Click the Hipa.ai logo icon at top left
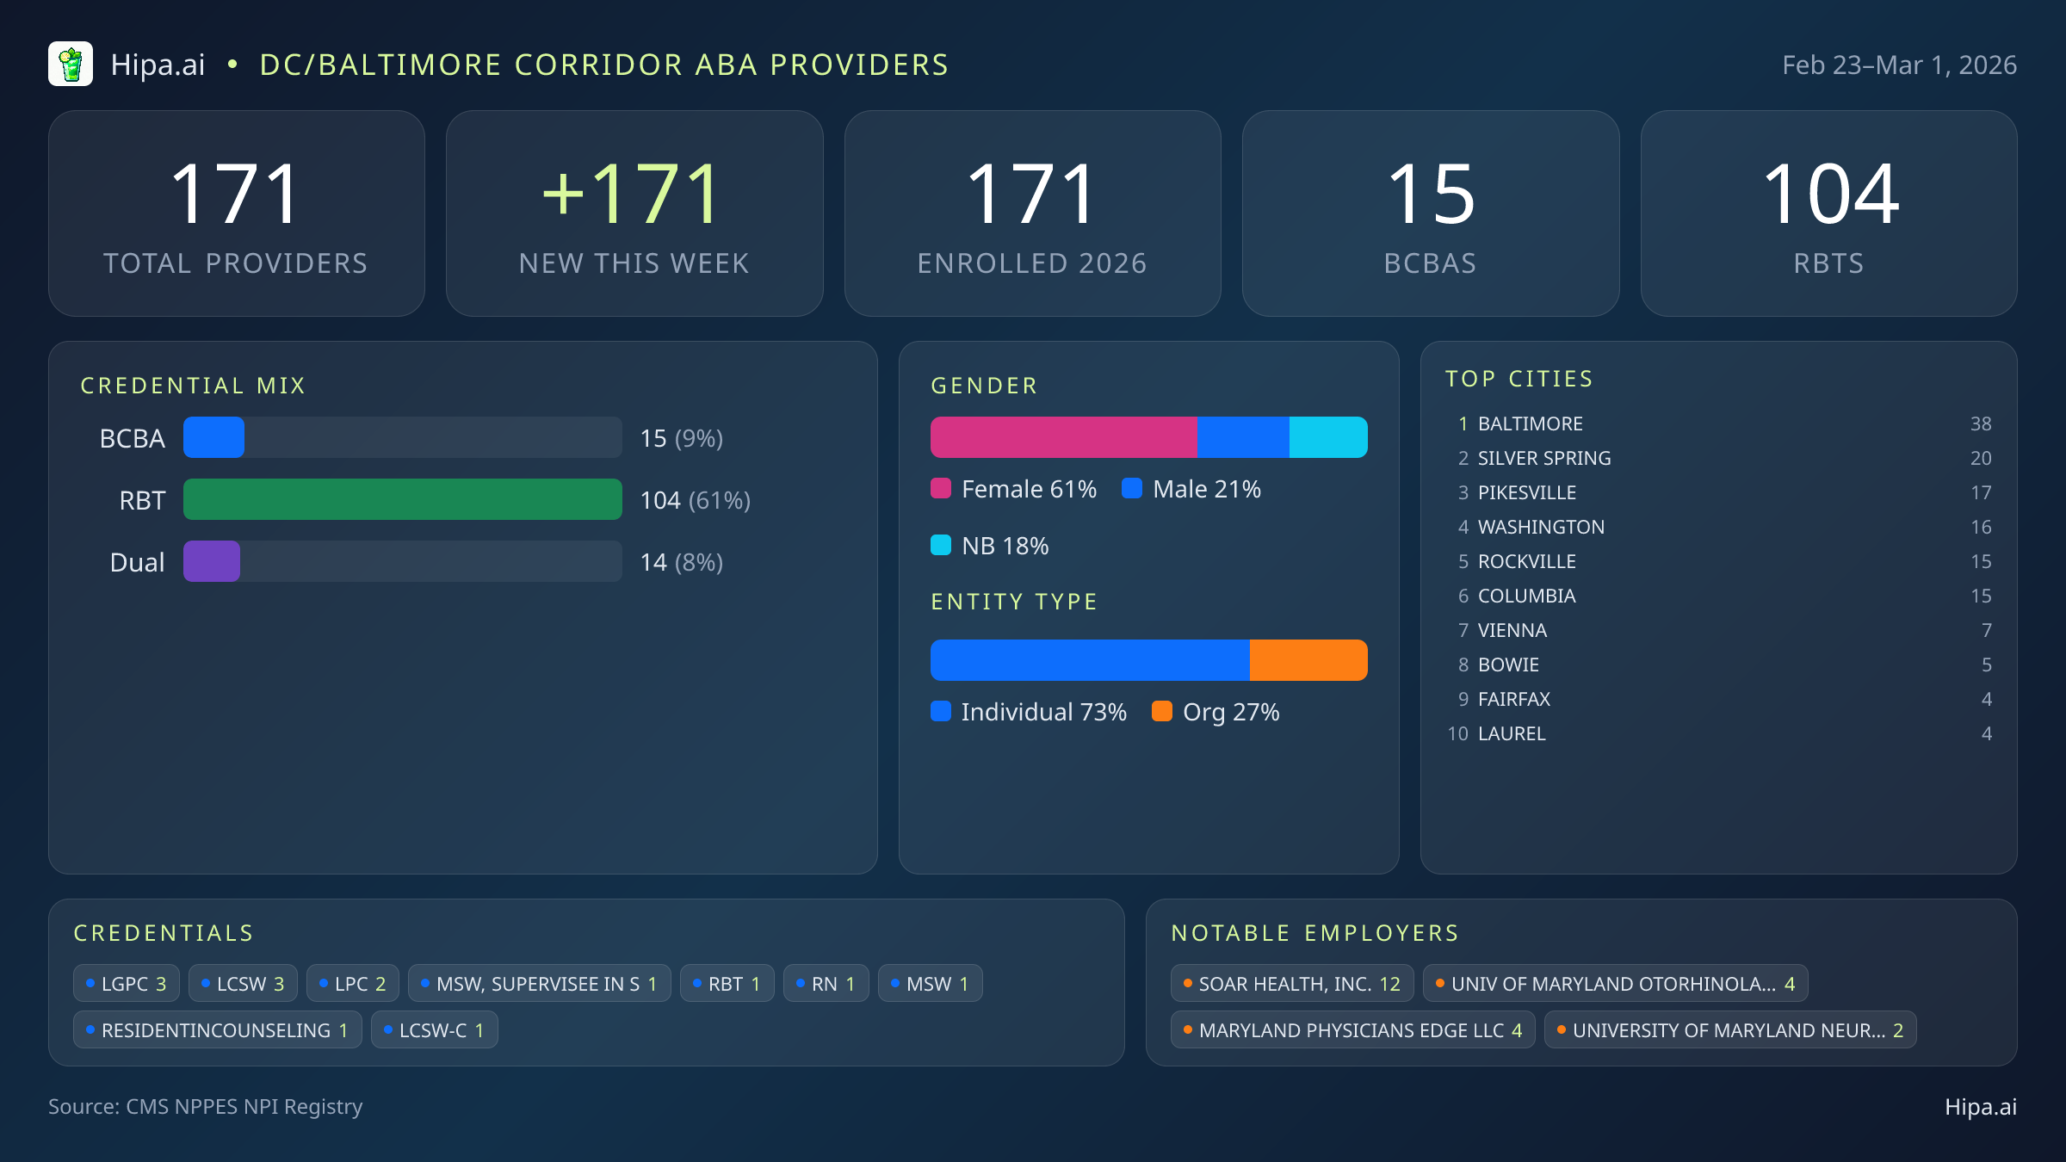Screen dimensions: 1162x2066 [x=71, y=65]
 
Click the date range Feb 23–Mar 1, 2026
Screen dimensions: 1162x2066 [x=1898, y=65]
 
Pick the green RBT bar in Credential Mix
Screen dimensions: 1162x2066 [x=402, y=499]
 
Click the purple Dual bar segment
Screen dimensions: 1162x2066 [x=212, y=561]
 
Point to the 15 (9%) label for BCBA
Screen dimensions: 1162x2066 [x=681, y=438]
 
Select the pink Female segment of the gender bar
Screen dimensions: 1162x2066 [x=1063, y=437]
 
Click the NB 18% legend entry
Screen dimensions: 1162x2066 [x=990, y=546]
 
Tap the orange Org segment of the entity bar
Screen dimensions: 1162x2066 [x=1308, y=660]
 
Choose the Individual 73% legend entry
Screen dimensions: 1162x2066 [x=1029, y=712]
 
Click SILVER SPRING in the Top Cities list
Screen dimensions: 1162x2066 [x=1543, y=458]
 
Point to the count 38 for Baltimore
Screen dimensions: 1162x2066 [x=1980, y=423]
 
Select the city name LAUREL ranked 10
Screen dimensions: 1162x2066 [x=1512, y=733]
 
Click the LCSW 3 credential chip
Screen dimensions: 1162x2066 [x=243, y=983]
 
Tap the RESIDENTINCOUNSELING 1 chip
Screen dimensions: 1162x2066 [x=217, y=1029]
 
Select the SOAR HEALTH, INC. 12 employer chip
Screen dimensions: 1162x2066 [x=1291, y=983]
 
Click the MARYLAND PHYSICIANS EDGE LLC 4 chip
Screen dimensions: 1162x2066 [x=1352, y=1029]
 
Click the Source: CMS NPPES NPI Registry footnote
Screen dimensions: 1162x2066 [x=205, y=1106]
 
